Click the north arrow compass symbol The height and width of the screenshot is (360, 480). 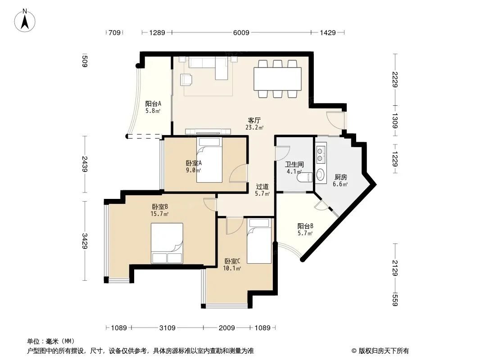[x=25, y=21]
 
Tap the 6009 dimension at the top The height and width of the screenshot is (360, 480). [x=241, y=32]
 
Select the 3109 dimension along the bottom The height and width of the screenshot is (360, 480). [x=168, y=328]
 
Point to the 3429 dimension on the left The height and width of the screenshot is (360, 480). [x=85, y=241]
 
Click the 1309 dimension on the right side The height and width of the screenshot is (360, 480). [x=395, y=121]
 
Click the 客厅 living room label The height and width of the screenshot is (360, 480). [x=254, y=120]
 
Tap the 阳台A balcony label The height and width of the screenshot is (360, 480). [x=153, y=103]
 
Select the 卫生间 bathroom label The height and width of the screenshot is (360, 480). [x=294, y=164]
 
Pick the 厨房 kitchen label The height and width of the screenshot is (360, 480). [x=340, y=177]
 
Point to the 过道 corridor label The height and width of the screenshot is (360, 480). [x=263, y=186]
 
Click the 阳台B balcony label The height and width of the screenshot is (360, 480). [x=305, y=226]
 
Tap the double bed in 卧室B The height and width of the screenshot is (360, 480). [x=167, y=243]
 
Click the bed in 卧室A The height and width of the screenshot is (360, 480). [x=209, y=160]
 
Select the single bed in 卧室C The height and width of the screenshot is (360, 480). [x=259, y=241]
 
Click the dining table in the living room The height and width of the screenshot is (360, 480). [x=278, y=79]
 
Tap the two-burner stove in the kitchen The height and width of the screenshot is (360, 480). [x=321, y=154]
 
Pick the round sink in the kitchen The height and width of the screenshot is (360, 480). [x=320, y=174]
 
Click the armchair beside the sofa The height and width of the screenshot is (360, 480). [x=187, y=80]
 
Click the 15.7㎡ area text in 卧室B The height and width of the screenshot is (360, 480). [x=159, y=214]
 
